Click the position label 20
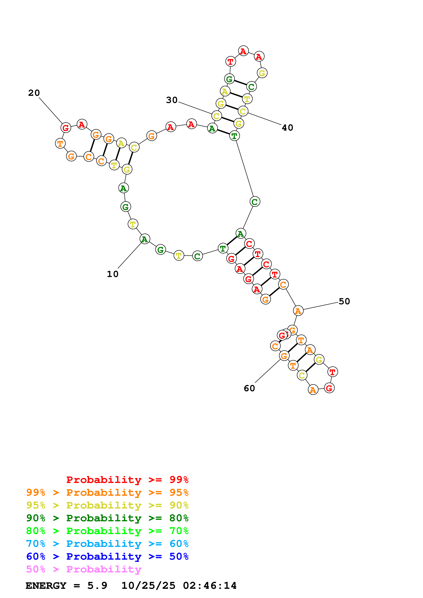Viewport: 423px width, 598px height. click(34, 93)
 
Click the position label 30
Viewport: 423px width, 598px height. click(172, 100)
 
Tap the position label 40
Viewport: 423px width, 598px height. click(288, 128)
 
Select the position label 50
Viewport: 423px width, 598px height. click(344, 301)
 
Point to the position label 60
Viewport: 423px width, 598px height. click(249, 388)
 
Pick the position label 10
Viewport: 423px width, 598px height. click(113, 274)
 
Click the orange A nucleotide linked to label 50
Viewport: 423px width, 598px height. click(298, 311)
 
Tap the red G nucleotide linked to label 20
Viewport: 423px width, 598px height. click(66, 128)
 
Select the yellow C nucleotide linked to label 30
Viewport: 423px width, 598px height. click(216, 116)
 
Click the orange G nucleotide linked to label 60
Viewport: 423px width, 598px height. click(284, 356)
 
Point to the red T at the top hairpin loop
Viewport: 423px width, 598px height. click(230, 62)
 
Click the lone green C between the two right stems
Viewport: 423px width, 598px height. click(255, 202)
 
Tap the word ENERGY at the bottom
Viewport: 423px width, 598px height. click(46, 586)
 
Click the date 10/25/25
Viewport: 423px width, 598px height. click(148, 586)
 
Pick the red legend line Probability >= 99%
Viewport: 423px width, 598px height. click(127, 480)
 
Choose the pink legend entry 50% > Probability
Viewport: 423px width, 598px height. click(84, 569)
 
